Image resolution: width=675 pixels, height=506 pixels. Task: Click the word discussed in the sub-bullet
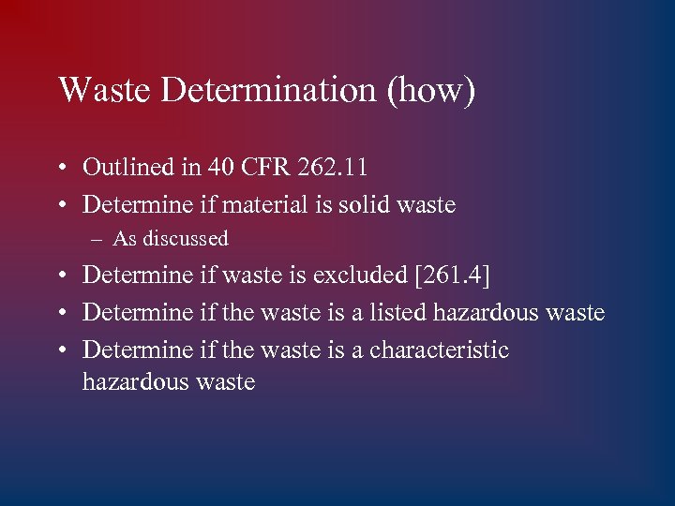click(x=186, y=239)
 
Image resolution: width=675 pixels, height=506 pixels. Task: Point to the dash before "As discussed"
click(x=98, y=239)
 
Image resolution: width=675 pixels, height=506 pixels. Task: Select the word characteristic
click(x=440, y=350)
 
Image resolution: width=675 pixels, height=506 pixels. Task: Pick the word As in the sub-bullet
click(x=125, y=239)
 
